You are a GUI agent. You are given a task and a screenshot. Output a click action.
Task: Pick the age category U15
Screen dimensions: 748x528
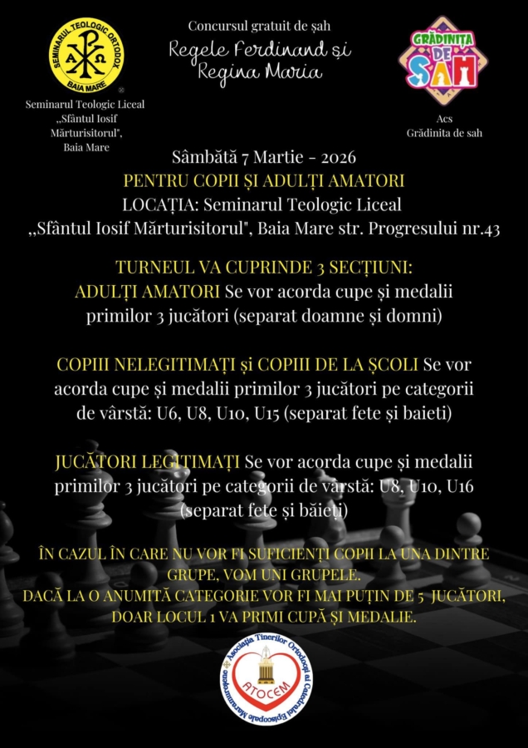[x=264, y=413]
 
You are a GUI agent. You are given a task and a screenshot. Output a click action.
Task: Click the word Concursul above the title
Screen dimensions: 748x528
[x=217, y=26]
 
